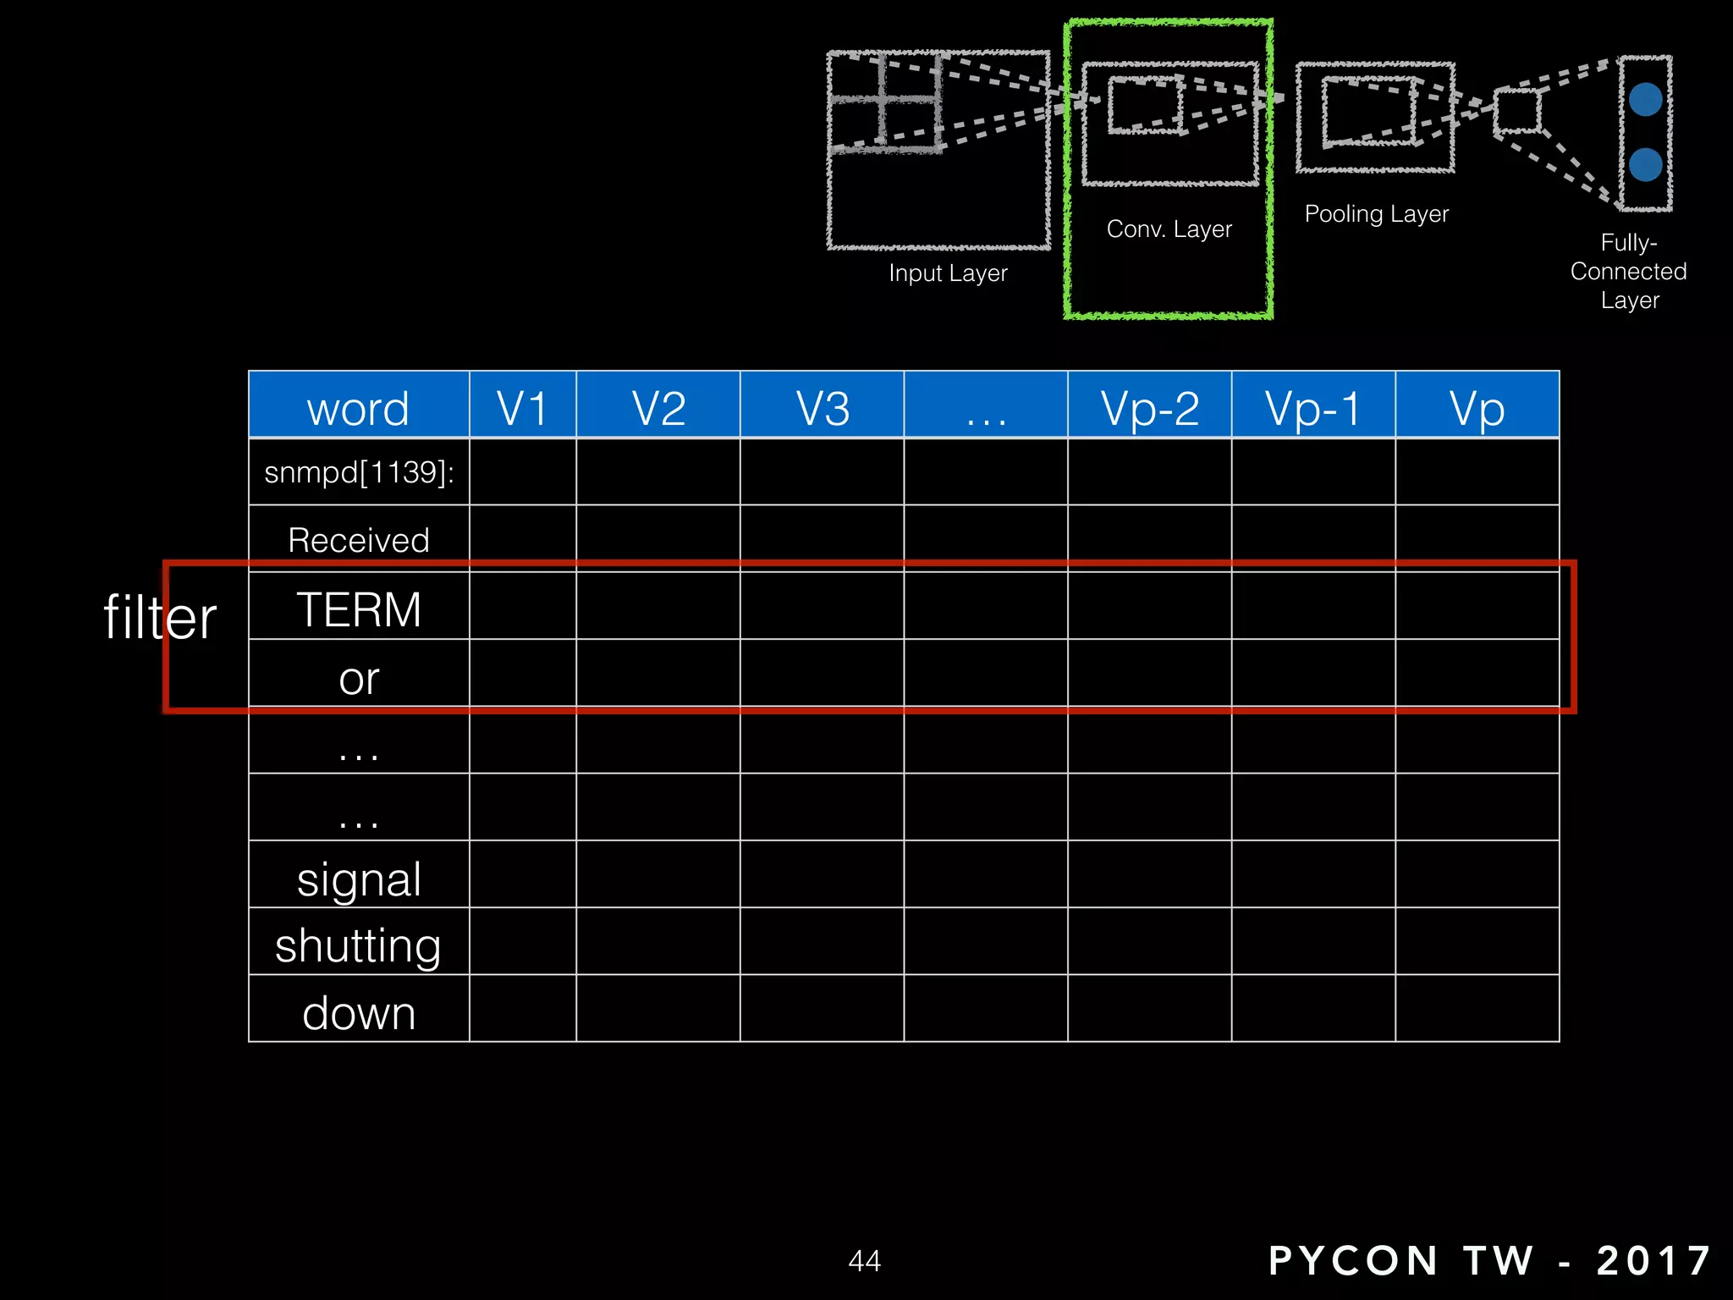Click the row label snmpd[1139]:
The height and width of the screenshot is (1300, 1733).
[x=359, y=472]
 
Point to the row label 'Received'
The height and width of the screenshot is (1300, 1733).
[x=359, y=540]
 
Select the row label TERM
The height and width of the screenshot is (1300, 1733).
[x=359, y=609]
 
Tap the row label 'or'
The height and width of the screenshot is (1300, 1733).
[x=359, y=679]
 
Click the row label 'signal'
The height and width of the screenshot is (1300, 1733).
[x=359, y=879]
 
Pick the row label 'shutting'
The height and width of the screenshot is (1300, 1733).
[x=358, y=945]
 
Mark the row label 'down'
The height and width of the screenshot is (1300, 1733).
[x=359, y=1013]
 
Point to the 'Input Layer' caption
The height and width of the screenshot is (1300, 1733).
[x=948, y=273]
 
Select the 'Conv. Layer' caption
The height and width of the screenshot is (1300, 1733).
[x=1169, y=229]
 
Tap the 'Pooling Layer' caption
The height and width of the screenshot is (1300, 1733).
[x=1376, y=213]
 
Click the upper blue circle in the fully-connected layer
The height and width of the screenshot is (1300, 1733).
[x=1645, y=100]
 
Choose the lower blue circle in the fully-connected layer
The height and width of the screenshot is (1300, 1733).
[x=1645, y=164]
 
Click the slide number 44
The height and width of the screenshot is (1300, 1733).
[x=864, y=1261]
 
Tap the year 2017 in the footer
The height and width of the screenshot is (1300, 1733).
[x=1653, y=1260]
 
